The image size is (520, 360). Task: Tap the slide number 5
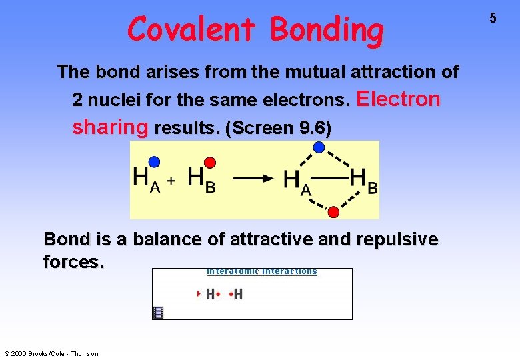493,19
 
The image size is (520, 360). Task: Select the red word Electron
399,99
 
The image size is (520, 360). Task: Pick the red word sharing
110,127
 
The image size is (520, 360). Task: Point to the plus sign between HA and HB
171,181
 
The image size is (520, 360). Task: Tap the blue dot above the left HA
155,161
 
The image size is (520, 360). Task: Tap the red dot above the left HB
209,162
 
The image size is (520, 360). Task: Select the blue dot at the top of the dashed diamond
319,147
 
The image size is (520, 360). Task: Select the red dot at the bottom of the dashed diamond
334,211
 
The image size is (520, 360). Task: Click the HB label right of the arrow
363,181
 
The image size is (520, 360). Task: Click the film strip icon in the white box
159,312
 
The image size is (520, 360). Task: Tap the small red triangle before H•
199,294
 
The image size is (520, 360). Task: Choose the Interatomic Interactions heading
261,271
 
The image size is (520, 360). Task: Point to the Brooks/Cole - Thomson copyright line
51,353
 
